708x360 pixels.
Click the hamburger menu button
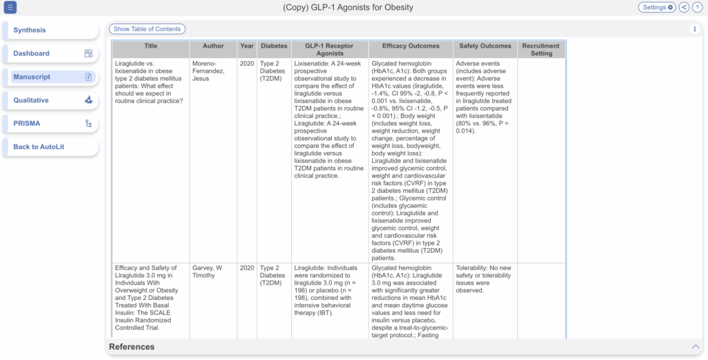click(x=10, y=8)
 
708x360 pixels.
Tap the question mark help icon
click(x=697, y=8)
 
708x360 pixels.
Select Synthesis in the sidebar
click(x=50, y=30)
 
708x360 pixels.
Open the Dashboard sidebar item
click(x=50, y=54)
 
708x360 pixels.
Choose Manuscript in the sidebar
click(x=50, y=77)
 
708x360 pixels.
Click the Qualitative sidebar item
click(x=50, y=100)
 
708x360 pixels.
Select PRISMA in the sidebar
click(x=50, y=124)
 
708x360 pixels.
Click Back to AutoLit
click(x=50, y=146)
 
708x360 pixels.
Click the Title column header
click(x=151, y=46)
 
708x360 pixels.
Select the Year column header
click(x=247, y=46)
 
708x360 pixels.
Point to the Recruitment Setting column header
click(x=541, y=50)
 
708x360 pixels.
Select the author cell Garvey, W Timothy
click(x=207, y=272)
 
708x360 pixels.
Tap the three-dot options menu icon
click(x=694, y=29)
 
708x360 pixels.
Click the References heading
click(x=132, y=346)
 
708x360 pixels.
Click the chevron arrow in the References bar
click(x=696, y=346)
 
